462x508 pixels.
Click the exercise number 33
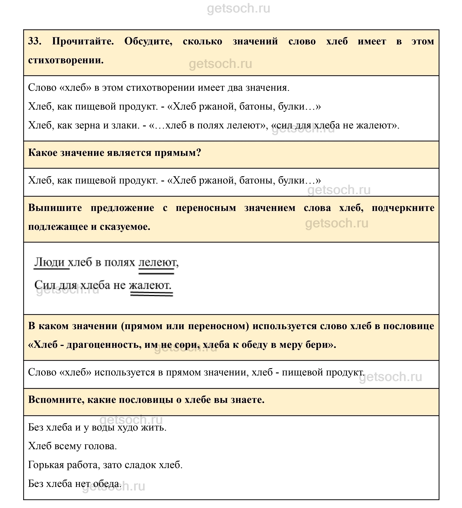click(x=35, y=41)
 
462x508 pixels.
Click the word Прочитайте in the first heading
click(x=83, y=41)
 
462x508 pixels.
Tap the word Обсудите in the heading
click(x=148, y=41)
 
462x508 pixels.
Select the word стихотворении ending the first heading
click(x=66, y=60)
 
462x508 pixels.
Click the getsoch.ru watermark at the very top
click(x=238, y=8)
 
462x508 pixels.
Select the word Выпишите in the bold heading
click(x=55, y=208)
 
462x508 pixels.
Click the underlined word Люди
click(x=50, y=262)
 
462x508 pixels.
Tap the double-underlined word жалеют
click(x=150, y=285)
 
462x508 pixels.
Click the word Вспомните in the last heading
click(x=56, y=400)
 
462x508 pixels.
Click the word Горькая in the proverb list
click(x=46, y=465)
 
